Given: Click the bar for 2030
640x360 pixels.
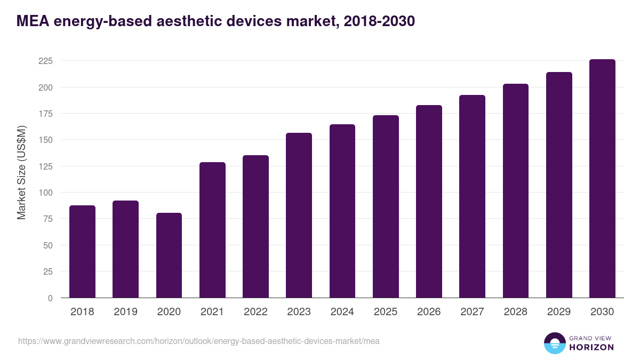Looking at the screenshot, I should tap(602, 178).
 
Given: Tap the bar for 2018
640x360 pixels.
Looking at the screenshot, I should tap(82, 251).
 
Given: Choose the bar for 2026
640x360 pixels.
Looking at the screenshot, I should tap(429, 201).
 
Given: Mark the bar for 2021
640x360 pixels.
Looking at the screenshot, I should tap(212, 230).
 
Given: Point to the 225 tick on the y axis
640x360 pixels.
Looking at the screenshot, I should tap(45, 61).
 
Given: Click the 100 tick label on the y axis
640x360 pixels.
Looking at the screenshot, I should tap(45, 193).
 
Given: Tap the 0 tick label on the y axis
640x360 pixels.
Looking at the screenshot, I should tap(50, 298).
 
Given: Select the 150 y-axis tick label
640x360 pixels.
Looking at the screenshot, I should tap(45, 140).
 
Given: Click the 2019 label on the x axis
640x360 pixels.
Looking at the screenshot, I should tap(125, 312).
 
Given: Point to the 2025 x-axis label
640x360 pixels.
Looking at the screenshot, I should tap(385, 312).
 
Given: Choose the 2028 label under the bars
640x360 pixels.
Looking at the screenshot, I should tap(515, 312).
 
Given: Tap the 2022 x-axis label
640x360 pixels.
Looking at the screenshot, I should tap(255, 312).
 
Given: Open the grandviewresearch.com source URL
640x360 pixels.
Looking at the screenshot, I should tap(199, 341).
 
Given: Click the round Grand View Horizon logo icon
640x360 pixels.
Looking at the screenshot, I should tap(555, 343).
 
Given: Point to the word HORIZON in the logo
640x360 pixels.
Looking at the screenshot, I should tap(591, 347).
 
